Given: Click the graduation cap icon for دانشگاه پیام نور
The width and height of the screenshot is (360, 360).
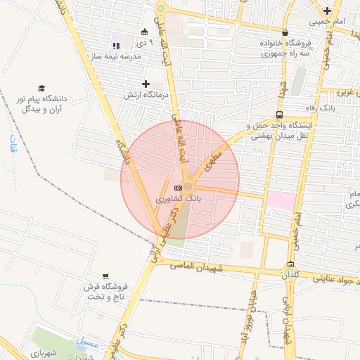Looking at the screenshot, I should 41,88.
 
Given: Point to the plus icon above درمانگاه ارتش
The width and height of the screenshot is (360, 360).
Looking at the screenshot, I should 146,84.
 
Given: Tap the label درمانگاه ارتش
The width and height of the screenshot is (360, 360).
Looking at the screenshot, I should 143,94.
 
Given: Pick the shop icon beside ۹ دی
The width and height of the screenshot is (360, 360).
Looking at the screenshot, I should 144,32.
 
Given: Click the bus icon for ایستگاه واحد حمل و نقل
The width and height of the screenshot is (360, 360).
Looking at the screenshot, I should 281,115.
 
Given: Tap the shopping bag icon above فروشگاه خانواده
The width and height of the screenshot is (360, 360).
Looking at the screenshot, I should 284,32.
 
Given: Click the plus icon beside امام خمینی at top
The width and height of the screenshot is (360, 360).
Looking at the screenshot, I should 327,11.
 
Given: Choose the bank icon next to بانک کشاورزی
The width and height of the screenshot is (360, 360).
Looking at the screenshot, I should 177,188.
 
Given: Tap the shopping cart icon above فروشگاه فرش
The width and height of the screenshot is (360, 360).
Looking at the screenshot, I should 105,276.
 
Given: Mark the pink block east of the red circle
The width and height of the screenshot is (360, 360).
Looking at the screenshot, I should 278,200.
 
